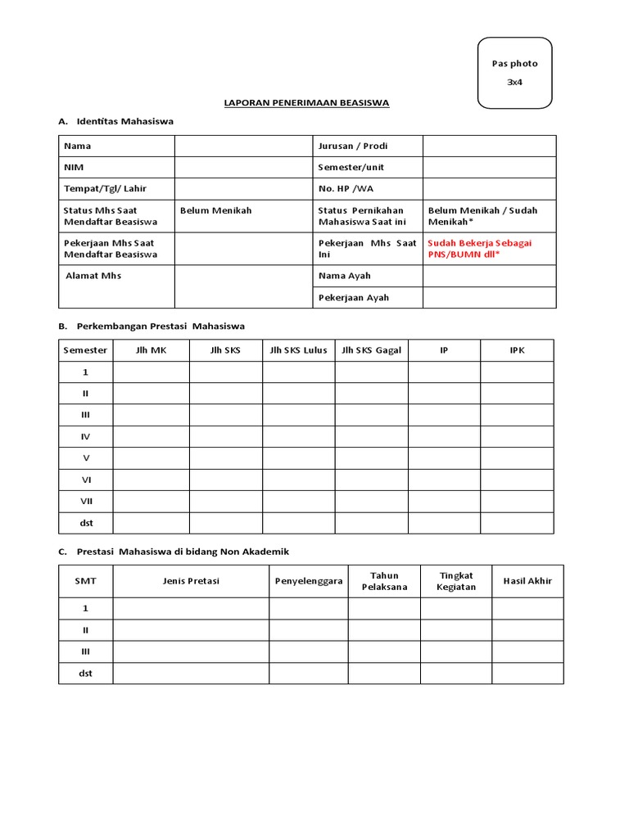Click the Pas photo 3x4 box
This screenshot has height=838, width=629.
pyautogui.click(x=514, y=73)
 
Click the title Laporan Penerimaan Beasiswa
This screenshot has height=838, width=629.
pyautogui.click(x=307, y=103)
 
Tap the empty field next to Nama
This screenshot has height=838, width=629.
pyautogui.click(x=243, y=146)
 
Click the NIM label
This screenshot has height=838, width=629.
pyautogui.click(x=74, y=167)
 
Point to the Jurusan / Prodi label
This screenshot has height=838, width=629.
pyautogui.click(x=352, y=146)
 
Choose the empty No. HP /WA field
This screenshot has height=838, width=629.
pyautogui.click(x=489, y=188)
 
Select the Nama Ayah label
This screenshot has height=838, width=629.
pyautogui.click(x=344, y=276)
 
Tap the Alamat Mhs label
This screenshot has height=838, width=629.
pyautogui.click(x=93, y=276)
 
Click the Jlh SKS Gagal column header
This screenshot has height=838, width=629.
pyautogui.click(x=371, y=350)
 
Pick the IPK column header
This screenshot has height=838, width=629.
pyautogui.click(x=517, y=350)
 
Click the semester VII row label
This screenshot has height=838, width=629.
pyautogui.click(x=85, y=501)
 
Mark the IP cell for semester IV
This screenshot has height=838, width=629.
pyautogui.click(x=444, y=436)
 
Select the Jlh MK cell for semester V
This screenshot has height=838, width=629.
pyautogui.click(x=152, y=458)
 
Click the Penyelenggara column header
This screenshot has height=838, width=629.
pyautogui.click(x=308, y=581)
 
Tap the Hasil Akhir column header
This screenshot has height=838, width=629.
pyautogui.click(x=527, y=581)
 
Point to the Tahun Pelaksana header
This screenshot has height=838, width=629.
pyautogui.click(x=384, y=581)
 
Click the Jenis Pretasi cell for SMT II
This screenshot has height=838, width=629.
pyautogui.click(x=191, y=630)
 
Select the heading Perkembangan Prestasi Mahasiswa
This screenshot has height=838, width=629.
pyautogui.click(x=161, y=326)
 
